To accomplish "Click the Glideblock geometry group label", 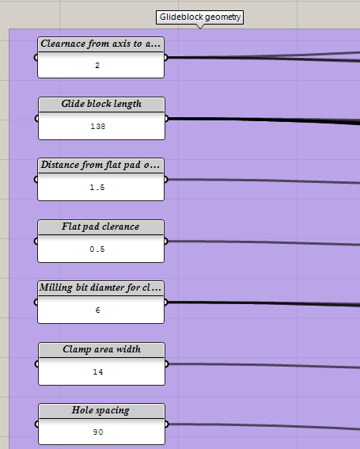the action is pos(199,17).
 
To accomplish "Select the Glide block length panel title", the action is pos(101,104).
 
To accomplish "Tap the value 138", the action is pos(98,126).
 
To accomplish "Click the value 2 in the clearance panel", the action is pos(97,65).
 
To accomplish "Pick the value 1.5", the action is pos(97,187).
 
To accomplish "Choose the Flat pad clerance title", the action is pos(100,226).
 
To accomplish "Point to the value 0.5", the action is pos(97,249).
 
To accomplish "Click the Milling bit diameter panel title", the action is pos(100,287).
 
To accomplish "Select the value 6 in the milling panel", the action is pos(97,310).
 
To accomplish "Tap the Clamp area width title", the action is pos(101,349).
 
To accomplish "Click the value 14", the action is pos(98,371).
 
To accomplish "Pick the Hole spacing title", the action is pos(100,410).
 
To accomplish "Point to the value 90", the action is pos(98,432).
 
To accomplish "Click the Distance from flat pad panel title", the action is pos(100,165).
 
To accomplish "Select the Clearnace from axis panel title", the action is pos(100,44).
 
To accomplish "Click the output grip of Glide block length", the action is pos(166,118).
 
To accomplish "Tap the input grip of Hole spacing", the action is pos(36,424).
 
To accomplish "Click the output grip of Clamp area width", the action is pos(166,364).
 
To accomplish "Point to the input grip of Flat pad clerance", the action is pos(36,241).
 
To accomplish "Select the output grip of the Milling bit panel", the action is pos(165,302).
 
